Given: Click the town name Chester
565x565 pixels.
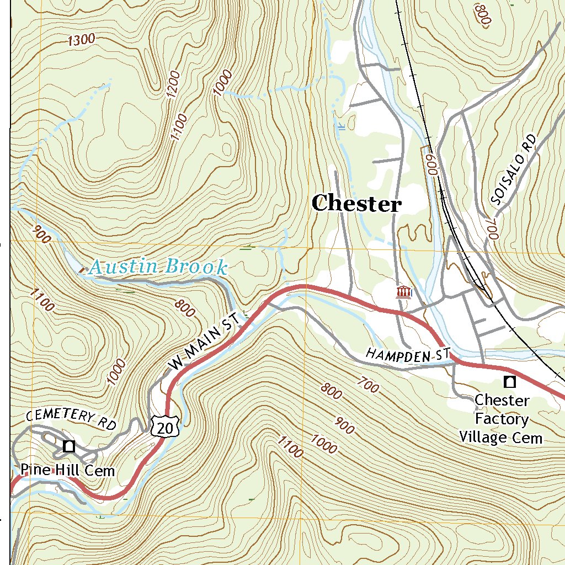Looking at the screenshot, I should pos(356,204).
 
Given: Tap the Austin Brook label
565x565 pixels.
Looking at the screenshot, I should pos(158,268).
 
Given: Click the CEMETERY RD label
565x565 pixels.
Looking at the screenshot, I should pos(72,419).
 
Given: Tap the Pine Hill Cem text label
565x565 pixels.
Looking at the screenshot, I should pos(68,471).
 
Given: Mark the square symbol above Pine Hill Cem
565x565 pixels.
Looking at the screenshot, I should pos(69,446).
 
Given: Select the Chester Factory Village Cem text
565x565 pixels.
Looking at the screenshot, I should pos(502,419).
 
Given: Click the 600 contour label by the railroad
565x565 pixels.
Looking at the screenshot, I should pos(431,164).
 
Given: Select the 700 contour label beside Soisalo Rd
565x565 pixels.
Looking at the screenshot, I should pos(492,227).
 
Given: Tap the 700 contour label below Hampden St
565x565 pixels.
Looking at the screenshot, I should pos(369,385).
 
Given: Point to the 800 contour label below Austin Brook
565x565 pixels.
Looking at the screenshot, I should pos(185,308).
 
